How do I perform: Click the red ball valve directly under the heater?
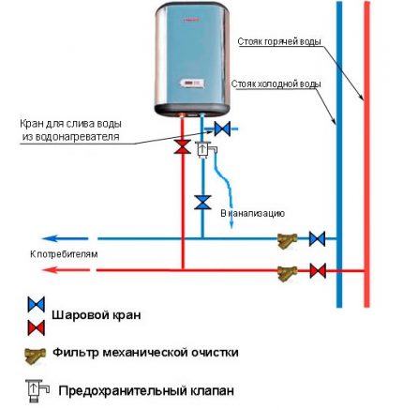[180, 147]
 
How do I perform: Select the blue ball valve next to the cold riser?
[318, 238]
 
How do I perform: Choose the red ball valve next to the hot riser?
[318, 272]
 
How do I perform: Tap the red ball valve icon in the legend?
[36, 327]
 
